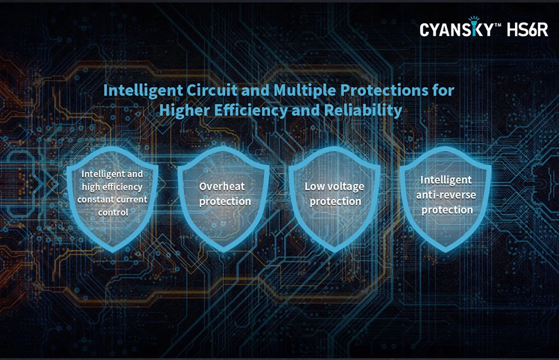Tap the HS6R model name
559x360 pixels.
tap(527, 29)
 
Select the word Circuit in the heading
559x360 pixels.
tap(212, 90)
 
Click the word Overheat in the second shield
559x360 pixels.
tap(222, 186)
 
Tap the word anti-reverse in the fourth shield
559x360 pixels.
tap(446, 195)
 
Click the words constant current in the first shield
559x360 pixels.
tap(112, 200)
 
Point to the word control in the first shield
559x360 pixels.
tap(113, 212)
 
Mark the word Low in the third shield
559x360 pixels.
tap(313, 186)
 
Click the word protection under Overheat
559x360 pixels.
tap(225, 202)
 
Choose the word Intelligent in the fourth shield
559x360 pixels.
tap(446, 180)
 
